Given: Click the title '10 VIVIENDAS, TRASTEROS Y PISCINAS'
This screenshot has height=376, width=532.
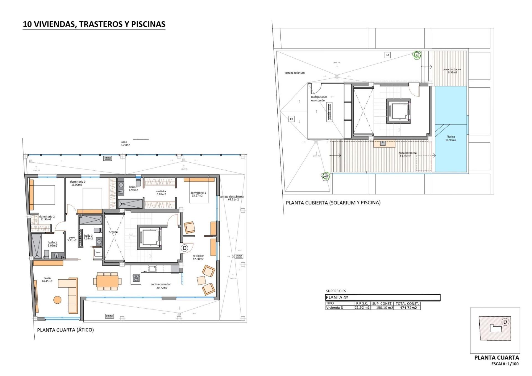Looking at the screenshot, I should (x=94, y=24).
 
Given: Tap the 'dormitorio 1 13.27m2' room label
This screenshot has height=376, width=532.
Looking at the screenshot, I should (x=198, y=194).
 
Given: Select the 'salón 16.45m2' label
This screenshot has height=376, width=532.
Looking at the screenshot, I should (x=47, y=280).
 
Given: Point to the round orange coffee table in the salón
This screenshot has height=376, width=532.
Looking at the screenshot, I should (x=57, y=300).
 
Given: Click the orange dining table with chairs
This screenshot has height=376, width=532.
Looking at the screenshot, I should (x=107, y=281).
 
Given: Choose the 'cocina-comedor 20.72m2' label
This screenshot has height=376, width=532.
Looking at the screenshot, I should (x=161, y=286).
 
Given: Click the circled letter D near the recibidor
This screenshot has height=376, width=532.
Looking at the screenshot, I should (x=185, y=248).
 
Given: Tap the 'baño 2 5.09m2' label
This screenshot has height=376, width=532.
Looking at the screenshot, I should (x=52, y=244).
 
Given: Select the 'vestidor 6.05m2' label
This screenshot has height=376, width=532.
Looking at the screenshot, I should (x=161, y=193).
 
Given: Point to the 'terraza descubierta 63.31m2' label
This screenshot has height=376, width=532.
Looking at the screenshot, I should (x=232, y=198).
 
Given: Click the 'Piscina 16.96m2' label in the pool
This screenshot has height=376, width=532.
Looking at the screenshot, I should (x=451, y=138).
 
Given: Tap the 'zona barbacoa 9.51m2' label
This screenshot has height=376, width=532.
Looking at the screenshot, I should (x=452, y=71).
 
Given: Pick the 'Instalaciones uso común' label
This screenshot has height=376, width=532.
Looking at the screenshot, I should (x=319, y=99).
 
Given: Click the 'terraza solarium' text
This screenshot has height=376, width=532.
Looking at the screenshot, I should (x=294, y=73).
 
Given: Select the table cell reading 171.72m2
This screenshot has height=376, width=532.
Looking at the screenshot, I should (x=408, y=308).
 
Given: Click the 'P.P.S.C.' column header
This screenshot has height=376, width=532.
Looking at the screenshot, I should (x=362, y=303).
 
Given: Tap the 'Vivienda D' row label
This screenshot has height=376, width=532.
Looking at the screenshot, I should (x=334, y=308).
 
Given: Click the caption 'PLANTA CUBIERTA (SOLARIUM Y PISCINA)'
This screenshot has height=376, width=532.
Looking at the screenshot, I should (x=333, y=203).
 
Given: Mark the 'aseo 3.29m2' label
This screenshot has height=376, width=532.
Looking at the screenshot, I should (x=125, y=144).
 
